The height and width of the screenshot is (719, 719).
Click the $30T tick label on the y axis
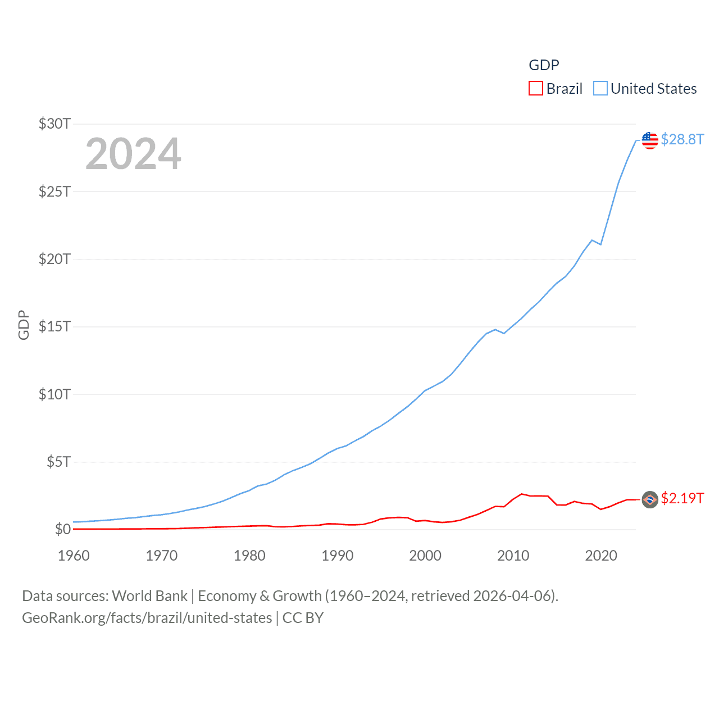click(54, 124)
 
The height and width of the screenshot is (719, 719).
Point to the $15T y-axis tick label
click(54, 326)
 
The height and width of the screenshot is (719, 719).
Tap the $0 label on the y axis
click(62, 529)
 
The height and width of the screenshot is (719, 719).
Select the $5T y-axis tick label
click(58, 462)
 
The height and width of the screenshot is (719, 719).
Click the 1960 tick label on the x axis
click(74, 556)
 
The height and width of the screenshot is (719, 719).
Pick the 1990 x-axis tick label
click(338, 556)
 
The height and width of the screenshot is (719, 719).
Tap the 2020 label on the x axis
click(601, 556)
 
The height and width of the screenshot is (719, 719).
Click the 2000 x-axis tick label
click(425, 556)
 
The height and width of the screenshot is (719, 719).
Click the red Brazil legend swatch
click(536, 89)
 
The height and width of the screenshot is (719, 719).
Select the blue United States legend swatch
click(600, 89)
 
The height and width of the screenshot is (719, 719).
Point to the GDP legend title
click(544, 65)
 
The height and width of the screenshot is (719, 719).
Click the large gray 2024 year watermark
click(133, 154)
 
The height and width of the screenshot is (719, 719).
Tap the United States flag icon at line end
click(650, 140)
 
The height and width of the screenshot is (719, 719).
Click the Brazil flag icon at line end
click(650, 499)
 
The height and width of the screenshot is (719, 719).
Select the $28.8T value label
click(682, 139)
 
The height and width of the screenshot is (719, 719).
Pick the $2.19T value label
click(682, 498)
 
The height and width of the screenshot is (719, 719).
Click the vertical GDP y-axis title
click(24, 325)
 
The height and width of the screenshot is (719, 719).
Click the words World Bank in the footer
click(150, 596)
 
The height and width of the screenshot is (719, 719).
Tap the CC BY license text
click(303, 618)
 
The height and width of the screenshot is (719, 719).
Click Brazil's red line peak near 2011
click(522, 494)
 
